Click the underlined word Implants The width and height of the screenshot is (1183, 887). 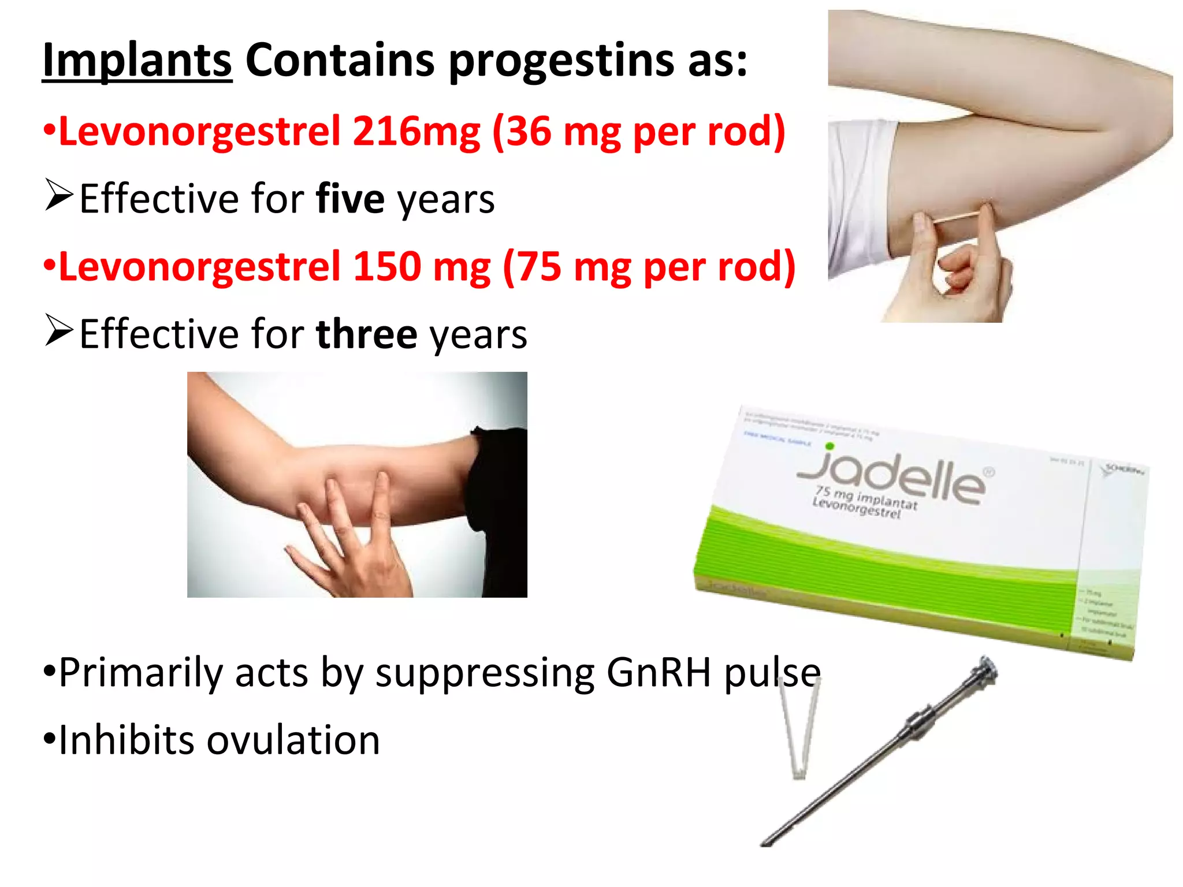[137, 61]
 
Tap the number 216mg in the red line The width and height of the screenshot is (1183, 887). [416, 132]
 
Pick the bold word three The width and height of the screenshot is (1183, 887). [367, 334]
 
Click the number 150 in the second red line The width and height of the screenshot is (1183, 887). [387, 267]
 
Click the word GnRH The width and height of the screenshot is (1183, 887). [659, 673]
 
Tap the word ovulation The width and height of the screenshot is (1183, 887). [293, 740]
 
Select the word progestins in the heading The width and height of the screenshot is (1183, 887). [560, 61]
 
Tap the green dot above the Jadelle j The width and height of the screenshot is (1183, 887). [830, 446]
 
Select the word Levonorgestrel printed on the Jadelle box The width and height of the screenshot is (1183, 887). [856, 508]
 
